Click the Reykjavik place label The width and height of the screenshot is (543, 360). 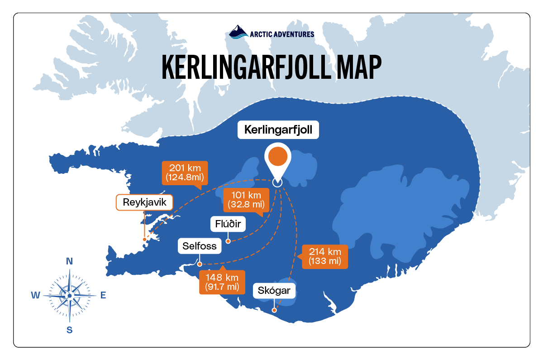click(x=145, y=202)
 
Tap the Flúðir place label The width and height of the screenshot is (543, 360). click(x=228, y=224)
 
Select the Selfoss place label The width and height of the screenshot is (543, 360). click(x=200, y=246)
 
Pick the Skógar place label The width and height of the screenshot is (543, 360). click(x=274, y=290)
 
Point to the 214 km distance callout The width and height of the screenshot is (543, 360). click(x=324, y=256)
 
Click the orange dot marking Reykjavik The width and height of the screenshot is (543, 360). click(x=144, y=239)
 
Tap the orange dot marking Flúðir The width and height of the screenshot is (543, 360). click(x=228, y=241)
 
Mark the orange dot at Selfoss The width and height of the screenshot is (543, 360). click(x=200, y=264)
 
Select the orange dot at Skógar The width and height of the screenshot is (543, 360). click(x=274, y=311)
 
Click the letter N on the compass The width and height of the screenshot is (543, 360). click(x=70, y=261)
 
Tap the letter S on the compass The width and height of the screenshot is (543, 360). click(x=70, y=330)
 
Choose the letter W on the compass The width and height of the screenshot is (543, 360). click(x=35, y=296)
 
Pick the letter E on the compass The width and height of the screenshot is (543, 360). click(x=103, y=296)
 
